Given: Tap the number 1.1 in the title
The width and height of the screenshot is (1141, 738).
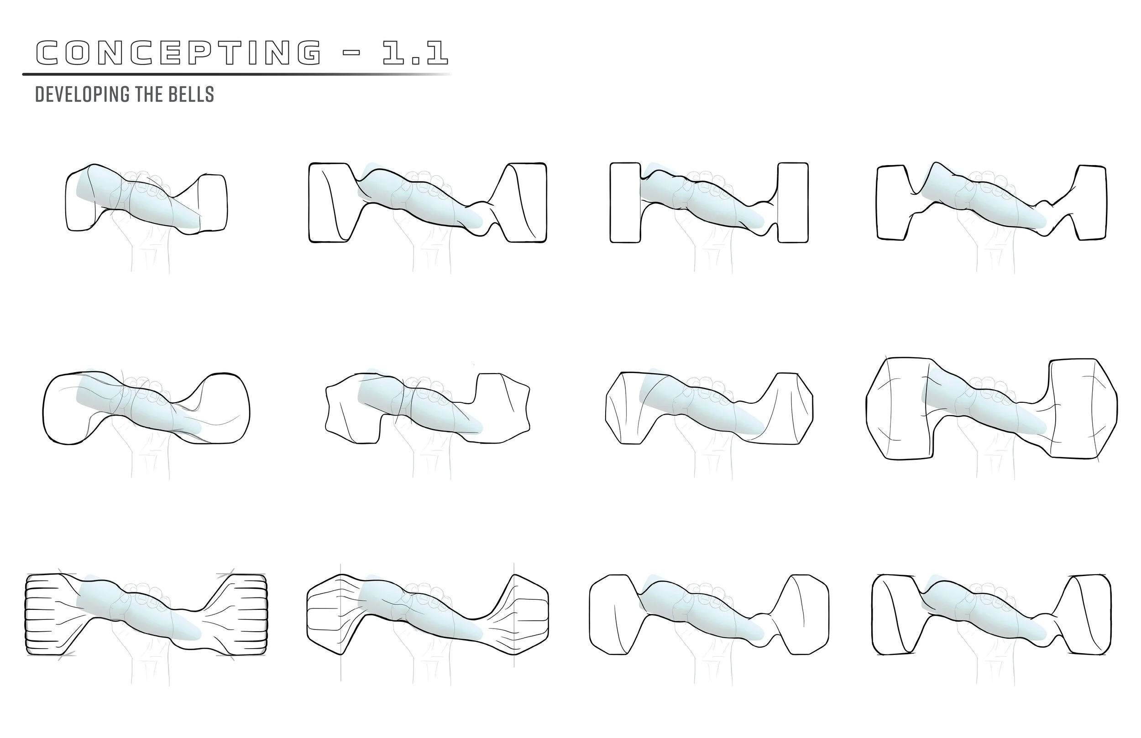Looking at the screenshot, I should tap(415, 52).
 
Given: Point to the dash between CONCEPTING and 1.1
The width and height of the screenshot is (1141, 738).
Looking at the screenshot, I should tap(352, 52).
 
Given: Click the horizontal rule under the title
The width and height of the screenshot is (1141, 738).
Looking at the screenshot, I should tap(235, 74).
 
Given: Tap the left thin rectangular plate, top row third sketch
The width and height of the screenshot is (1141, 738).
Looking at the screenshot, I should tap(625, 203).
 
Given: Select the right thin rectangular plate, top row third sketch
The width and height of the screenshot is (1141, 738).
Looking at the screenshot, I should tap(792, 203).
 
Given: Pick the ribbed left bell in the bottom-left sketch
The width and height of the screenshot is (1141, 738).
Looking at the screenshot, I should tap(46, 614).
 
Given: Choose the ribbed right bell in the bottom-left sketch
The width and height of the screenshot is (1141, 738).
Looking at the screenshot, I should tap(247, 614).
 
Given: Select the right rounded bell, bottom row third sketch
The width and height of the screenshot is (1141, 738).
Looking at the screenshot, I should tap(806, 615).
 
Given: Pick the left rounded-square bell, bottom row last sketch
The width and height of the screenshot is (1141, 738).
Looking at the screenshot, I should tap(894, 614).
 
